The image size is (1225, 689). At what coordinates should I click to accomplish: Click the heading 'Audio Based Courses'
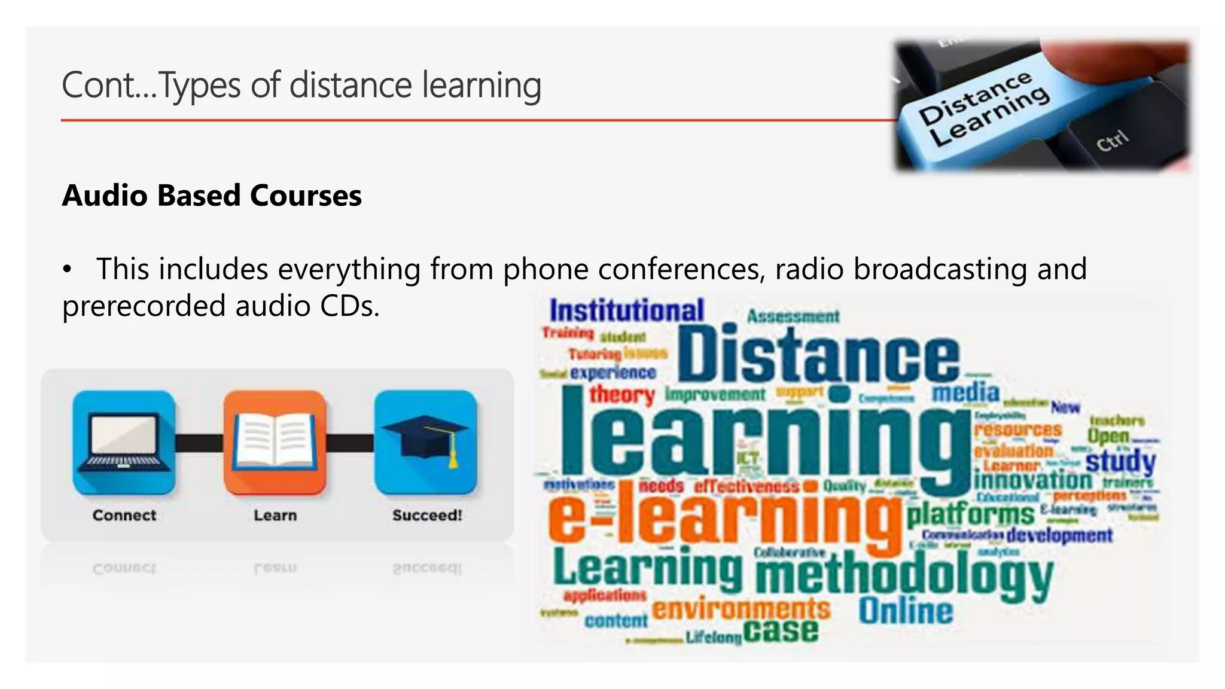click(x=212, y=196)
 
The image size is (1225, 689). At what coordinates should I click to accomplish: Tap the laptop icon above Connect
click(x=124, y=443)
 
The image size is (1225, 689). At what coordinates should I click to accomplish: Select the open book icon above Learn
click(x=275, y=443)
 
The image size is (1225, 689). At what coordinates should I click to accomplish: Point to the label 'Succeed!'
click(x=427, y=515)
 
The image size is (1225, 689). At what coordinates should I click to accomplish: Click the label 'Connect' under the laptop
click(x=124, y=515)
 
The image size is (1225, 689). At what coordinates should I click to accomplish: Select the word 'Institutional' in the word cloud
click(x=626, y=311)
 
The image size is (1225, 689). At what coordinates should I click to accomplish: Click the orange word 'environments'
click(x=741, y=609)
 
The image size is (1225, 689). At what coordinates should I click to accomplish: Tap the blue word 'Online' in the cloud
click(x=906, y=611)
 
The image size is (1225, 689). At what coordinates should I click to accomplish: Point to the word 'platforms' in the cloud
click(x=970, y=513)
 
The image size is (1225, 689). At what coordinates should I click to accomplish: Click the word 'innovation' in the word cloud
click(x=1033, y=480)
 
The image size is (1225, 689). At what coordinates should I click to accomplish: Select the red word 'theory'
click(x=622, y=395)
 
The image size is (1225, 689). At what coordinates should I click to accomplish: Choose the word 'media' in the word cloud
click(x=965, y=393)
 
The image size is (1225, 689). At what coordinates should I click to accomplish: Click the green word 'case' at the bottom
click(x=781, y=631)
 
